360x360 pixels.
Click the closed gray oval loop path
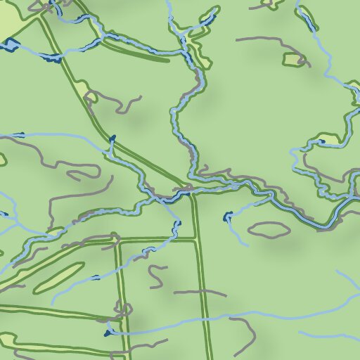coord(269,229)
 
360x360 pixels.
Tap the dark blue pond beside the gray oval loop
coord(227,217)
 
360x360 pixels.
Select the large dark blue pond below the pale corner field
coord(10,46)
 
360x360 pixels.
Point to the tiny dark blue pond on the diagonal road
coord(112,138)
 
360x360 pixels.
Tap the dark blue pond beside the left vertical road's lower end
coord(108,332)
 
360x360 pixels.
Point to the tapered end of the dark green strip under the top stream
coord(167,60)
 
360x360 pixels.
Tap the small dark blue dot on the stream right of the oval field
coord(96,277)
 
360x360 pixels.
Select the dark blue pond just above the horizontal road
coord(177,225)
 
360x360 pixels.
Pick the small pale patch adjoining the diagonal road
coord(90,96)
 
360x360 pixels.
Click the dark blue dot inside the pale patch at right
coord(321,141)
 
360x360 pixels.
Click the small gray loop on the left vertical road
coord(127,309)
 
